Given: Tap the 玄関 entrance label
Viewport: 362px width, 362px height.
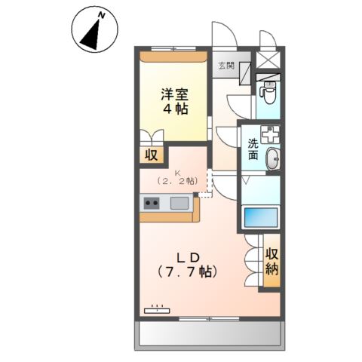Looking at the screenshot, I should [226, 66].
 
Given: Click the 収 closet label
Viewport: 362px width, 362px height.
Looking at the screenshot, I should [151, 156].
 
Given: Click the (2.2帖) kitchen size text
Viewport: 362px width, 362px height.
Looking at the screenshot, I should [176, 182].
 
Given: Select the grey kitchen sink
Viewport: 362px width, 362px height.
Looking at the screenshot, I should [179, 202].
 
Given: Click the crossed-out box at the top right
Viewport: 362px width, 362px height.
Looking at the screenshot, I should [268, 60].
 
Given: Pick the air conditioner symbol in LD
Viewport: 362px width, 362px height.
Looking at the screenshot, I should [158, 308].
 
